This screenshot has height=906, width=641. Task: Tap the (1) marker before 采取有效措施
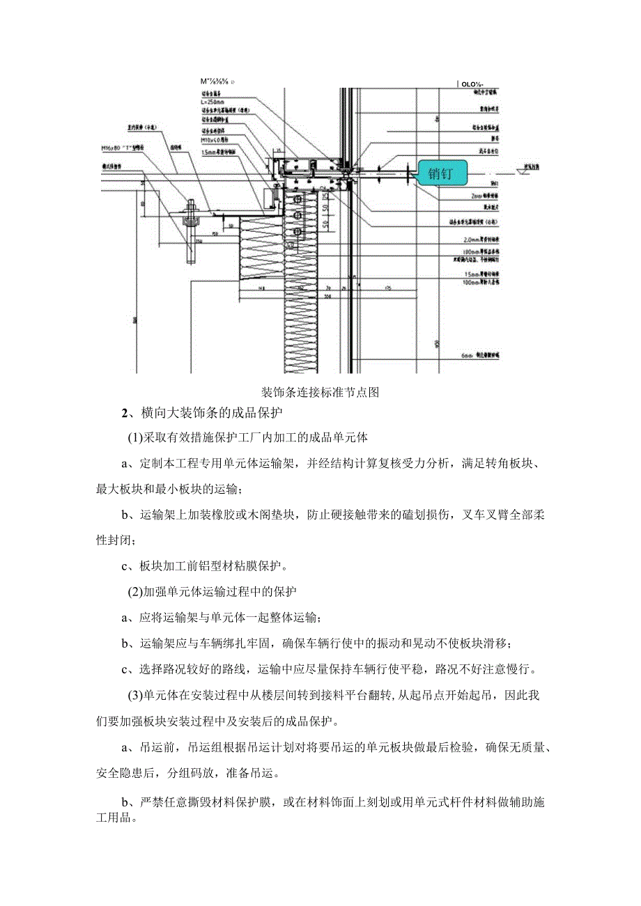[x=134, y=438]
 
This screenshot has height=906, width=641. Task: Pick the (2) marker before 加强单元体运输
[x=134, y=592]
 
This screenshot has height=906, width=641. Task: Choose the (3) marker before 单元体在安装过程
[x=134, y=694]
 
